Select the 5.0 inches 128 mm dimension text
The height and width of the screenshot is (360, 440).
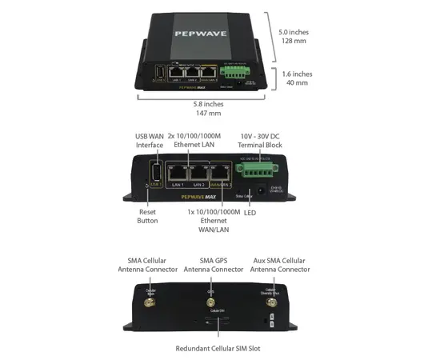(294, 38)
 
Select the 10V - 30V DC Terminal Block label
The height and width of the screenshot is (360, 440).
(260, 140)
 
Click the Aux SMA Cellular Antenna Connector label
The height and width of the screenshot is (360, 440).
(280, 265)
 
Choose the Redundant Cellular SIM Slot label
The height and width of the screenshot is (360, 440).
(218, 349)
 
